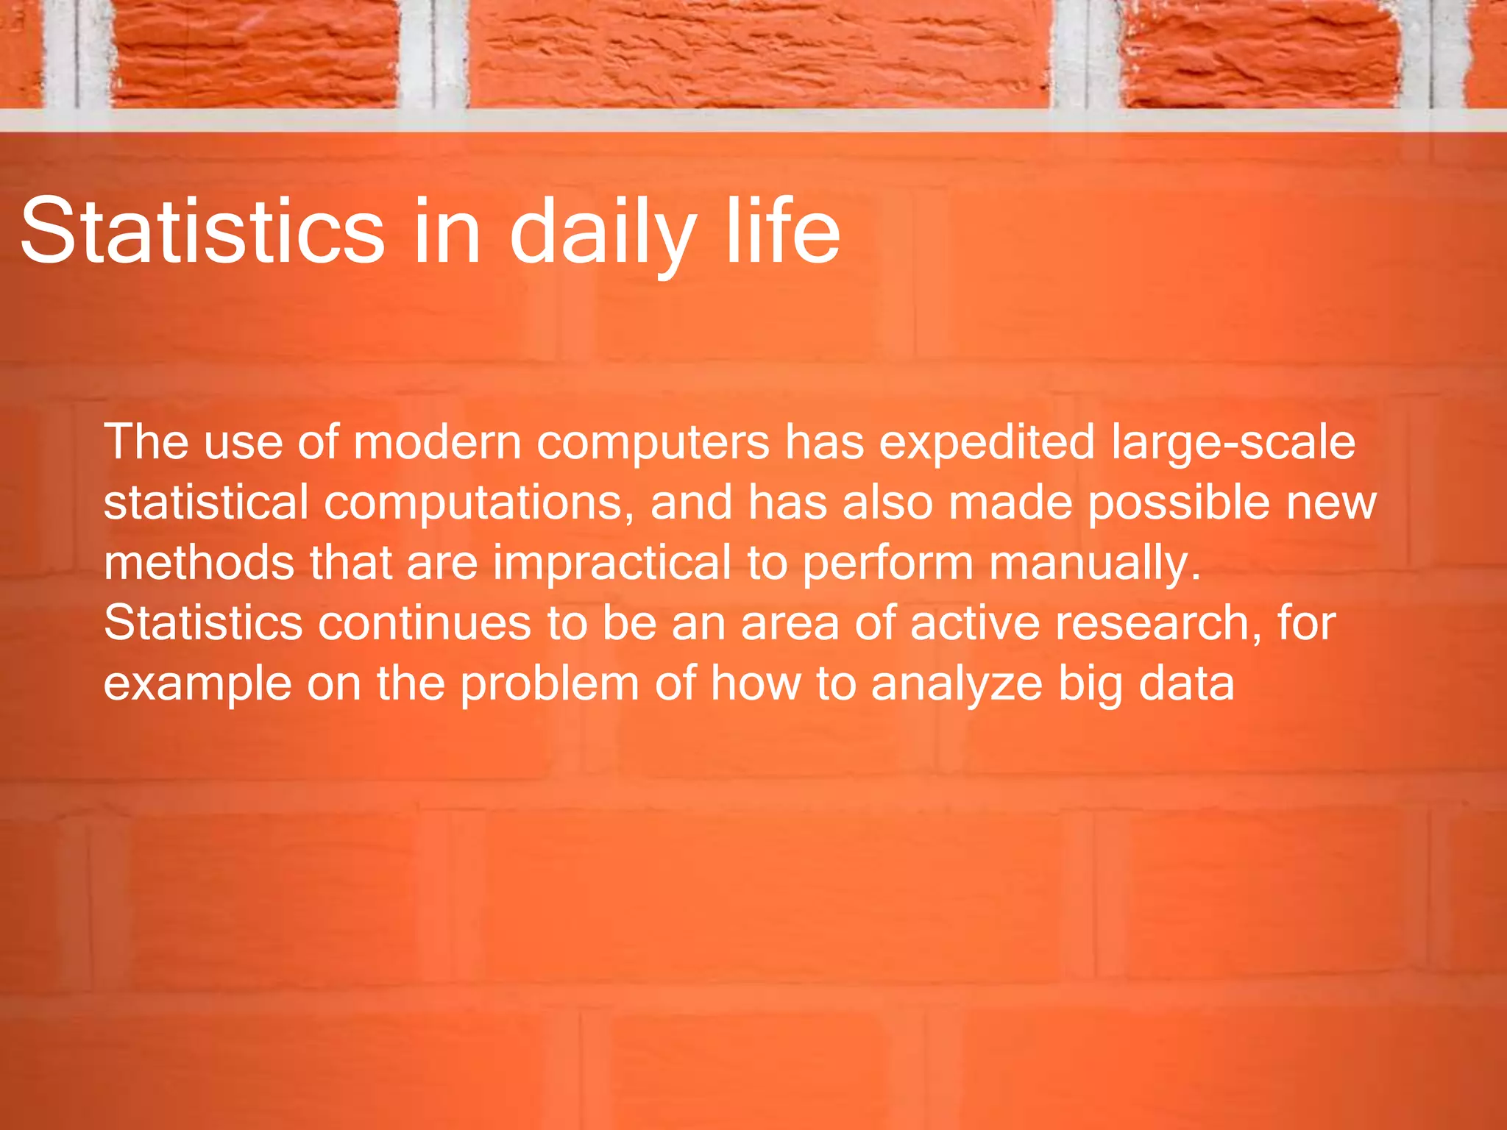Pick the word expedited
tap(987, 444)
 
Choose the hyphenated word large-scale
tap(1233, 444)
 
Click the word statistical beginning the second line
tap(205, 502)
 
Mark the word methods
tap(199, 563)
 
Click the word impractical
tap(611, 564)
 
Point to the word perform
tap(887, 564)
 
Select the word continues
tap(424, 623)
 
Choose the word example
tap(197, 685)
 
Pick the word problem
tap(550, 685)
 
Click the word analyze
tap(957, 685)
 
